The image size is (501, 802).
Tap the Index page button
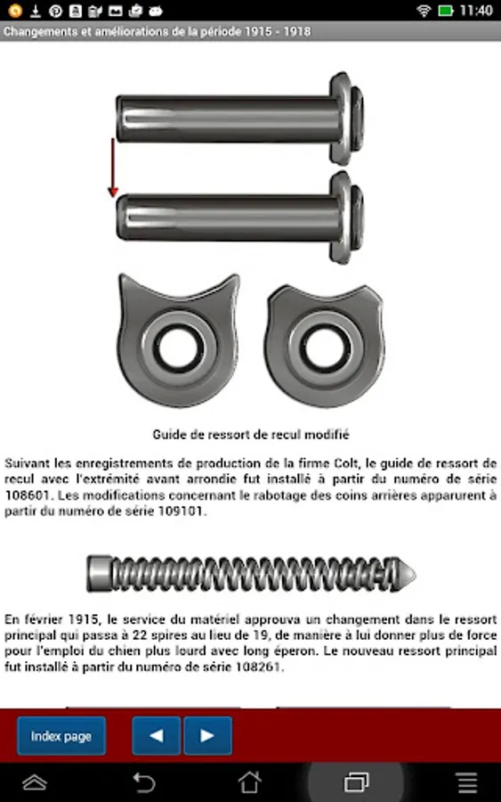click(61, 736)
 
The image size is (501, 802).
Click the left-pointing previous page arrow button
click(157, 736)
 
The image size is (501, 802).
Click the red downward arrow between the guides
click(113, 168)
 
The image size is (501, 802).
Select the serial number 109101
click(182, 511)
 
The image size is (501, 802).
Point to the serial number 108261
click(258, 667)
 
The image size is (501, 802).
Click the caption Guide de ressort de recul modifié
click(251, 435)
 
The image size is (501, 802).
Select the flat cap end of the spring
click(99, 574)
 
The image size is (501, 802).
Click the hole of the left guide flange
click(178, 348)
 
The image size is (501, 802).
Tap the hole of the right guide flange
click(324, 348)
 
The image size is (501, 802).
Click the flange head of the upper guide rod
click(346, 119)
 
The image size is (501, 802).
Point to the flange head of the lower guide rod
click(346, 217)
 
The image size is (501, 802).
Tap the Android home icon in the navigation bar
click(250, 782)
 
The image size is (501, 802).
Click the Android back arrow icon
click(143, 782)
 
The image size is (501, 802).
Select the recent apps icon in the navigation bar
click(357, 782)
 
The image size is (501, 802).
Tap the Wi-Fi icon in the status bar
click(424, 11)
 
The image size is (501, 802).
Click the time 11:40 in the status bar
click(476, 11)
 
